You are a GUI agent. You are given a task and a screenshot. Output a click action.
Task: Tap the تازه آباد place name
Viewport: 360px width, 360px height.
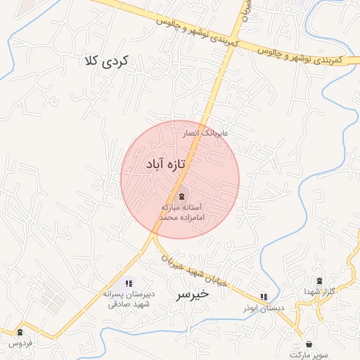click(x=167, y=164)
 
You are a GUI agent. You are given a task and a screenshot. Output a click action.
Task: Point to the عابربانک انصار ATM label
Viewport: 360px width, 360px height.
click(x=206, y=132)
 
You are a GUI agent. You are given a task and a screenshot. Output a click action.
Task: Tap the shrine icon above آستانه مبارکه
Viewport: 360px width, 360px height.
click(x=182, y=196)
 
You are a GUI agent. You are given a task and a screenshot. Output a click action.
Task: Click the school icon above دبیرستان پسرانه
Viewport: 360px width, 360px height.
click(x=128, y=283)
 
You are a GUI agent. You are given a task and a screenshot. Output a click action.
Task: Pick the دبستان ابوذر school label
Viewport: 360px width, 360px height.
click(x=263, y=309)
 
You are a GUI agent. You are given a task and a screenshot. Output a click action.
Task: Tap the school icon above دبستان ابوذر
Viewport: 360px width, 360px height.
click(x=264, y=297)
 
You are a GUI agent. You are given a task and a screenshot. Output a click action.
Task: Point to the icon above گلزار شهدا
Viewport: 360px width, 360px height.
click(x=320, y=281)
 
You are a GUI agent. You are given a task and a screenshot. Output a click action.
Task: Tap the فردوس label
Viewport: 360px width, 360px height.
click(x=20, y=343)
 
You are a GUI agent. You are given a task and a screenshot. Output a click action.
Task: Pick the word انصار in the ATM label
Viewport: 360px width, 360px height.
click(x=191, y=132)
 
